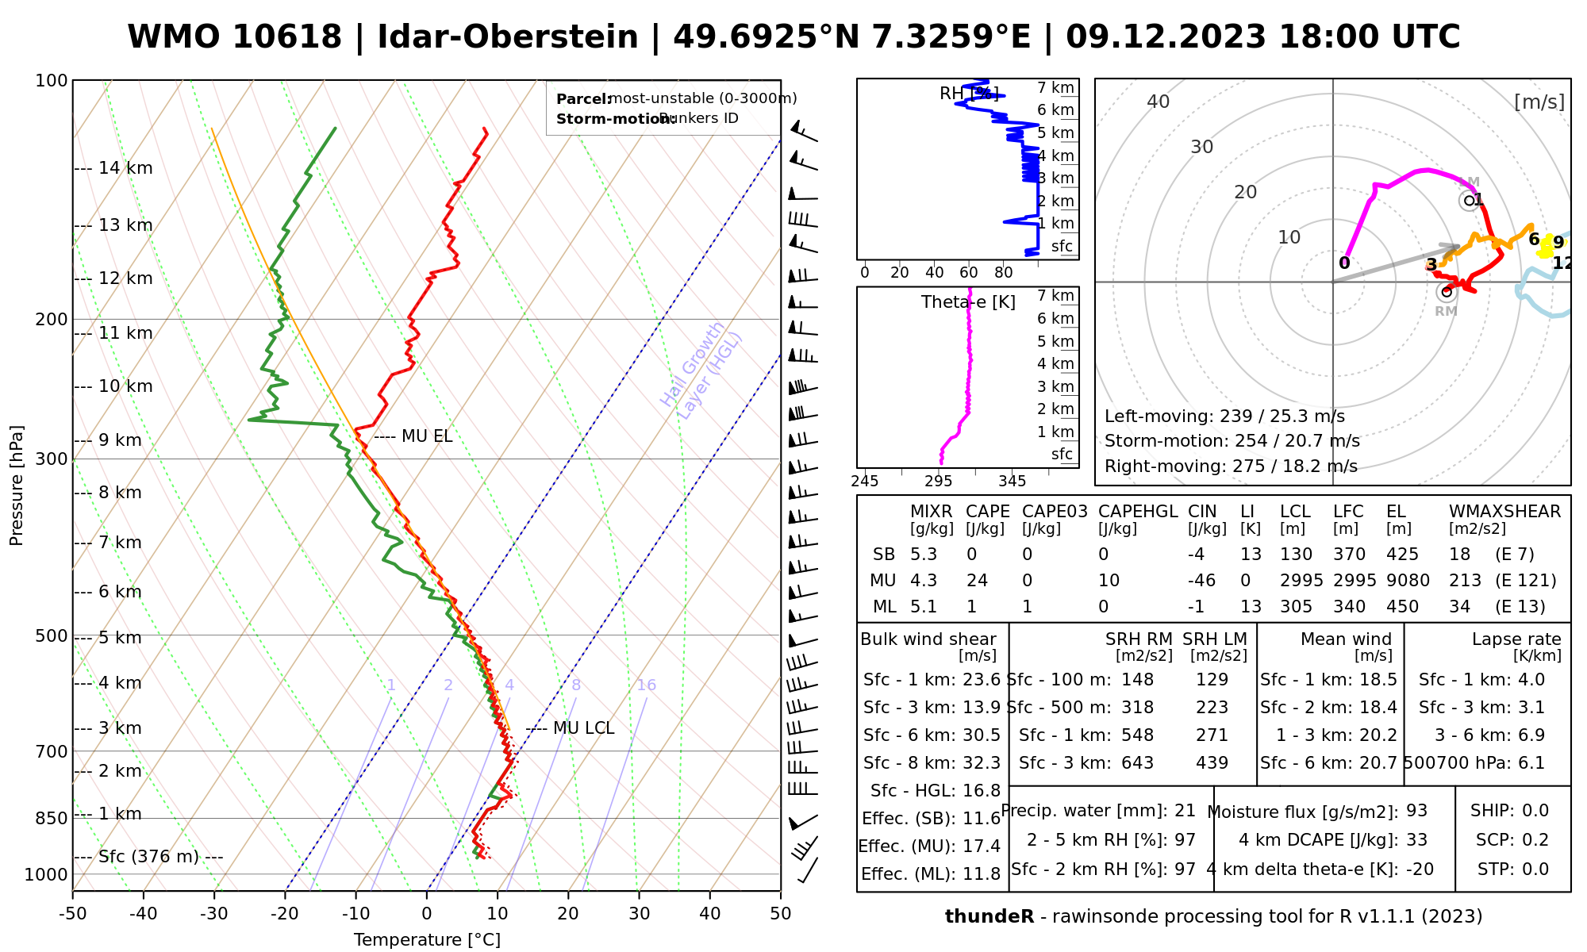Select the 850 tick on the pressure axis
click(52, 818)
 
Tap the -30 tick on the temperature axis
click(214, 914)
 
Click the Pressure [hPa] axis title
click(17, 486)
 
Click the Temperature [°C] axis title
click(427, 940)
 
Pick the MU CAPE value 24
click(977, 581)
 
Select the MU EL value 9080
click(1408, 581)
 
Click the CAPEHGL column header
click(1138, 512)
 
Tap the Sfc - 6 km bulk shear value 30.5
click(981, 735)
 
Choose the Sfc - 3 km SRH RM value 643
click(1137, 763)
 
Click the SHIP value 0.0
click(1535, 811)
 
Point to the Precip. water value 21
click(1185, 811)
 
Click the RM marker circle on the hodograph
click(1447, 292)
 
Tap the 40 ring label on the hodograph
click(1159, 102)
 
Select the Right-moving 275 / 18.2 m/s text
click(1231, 466)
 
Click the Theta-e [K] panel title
click(968, 302)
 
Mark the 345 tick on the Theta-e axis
click(1012, 482)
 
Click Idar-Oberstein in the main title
click(508, 37)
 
